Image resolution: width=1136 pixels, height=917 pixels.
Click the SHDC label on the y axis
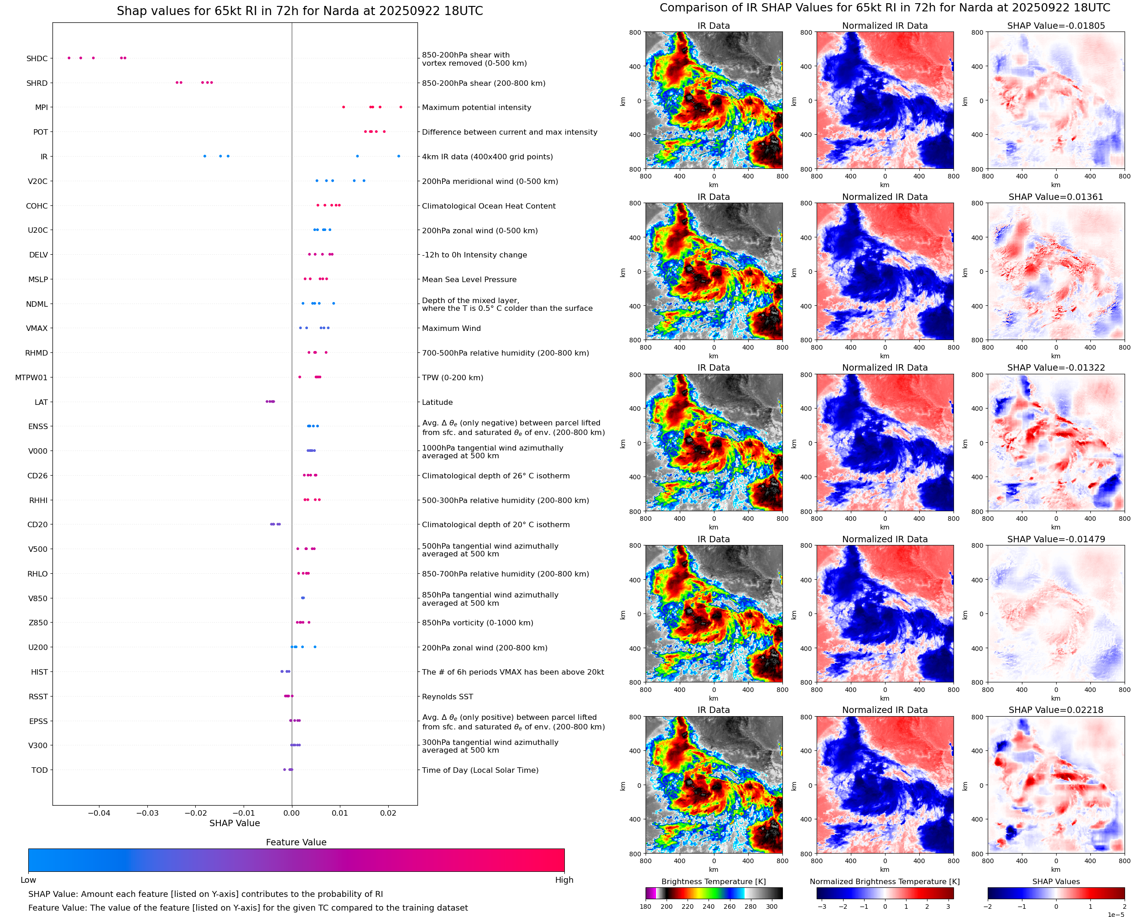[x=37, y=58]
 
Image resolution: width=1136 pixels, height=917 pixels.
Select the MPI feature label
[x=41, y=108]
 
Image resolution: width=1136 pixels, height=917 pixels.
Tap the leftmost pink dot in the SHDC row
[x=69, y=58]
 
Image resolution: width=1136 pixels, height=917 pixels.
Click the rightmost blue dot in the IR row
[x=399, y=157]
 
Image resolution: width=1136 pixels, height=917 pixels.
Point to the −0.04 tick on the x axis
[x=99, y=813]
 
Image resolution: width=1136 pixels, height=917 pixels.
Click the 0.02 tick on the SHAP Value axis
[x=388, y=813]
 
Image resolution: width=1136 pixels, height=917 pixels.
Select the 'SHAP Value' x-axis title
[x=234, y=823]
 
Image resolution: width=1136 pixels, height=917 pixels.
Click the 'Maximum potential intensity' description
[x=476, y=108]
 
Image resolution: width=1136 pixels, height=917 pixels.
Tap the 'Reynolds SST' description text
[x=447, y=697]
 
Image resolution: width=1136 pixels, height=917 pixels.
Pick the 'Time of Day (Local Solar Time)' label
[x=480, y=770]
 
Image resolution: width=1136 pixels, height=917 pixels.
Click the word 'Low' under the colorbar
[x=28, y=880]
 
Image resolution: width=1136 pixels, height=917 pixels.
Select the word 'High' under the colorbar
[x=564, y=880]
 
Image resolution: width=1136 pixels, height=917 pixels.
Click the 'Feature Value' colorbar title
[x=296, y=843]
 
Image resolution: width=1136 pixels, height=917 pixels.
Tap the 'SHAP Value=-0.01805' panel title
[x=1056, y=26]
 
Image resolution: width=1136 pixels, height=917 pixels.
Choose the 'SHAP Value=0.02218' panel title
[x=1056, y=710]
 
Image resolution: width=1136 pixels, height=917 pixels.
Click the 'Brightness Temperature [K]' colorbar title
[x=713, y=881]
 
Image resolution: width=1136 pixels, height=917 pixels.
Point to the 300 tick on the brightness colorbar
[x=772, y=907]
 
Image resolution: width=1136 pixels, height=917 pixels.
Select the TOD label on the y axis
[x=40, y=770]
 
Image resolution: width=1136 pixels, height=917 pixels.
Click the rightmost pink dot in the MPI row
[x=401, y=107]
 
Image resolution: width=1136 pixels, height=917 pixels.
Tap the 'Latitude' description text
[x=437, y=403]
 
